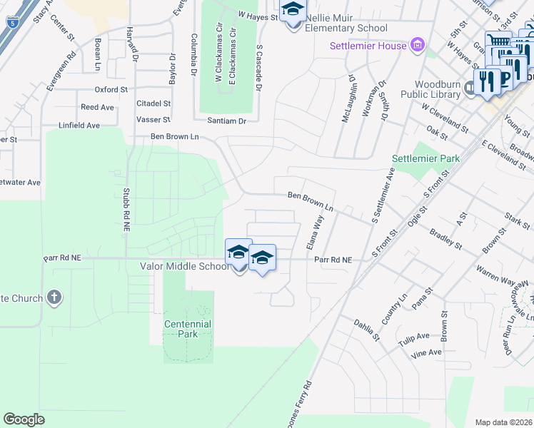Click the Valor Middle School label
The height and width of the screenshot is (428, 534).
184,266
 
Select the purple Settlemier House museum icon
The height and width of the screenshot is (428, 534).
418,46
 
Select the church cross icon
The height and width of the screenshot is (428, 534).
54,296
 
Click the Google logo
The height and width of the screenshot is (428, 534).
24,419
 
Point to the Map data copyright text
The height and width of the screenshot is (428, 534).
503,422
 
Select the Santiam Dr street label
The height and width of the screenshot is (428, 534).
226,121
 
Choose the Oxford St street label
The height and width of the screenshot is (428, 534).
111,90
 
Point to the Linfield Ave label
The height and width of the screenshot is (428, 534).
80,125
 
